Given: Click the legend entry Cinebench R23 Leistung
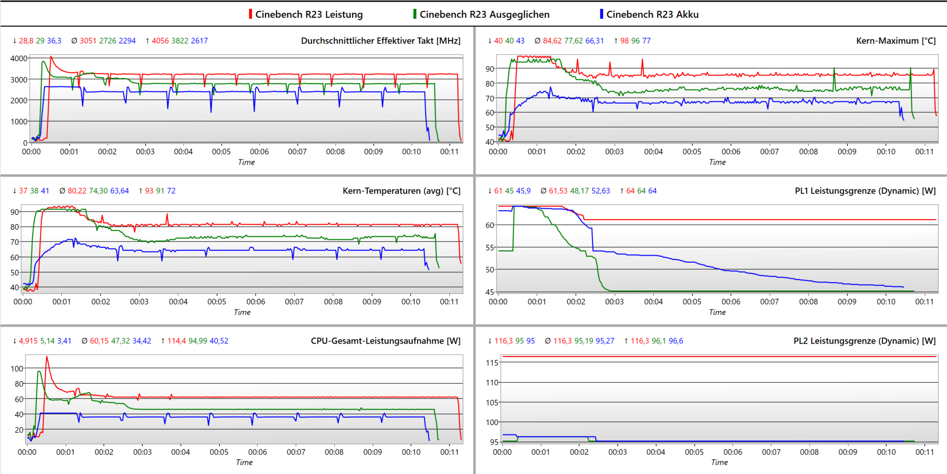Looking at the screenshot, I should (x=309, y=14).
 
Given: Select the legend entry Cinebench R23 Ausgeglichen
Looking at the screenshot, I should (x=484, y=14).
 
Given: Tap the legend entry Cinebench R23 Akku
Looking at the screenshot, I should (x=652, y=14).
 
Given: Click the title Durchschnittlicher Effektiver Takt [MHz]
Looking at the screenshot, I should (x=381, y=41).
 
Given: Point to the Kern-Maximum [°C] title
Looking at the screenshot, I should (x=896, y=41).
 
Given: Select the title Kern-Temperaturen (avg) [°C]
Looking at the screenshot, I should (x=401, y=191).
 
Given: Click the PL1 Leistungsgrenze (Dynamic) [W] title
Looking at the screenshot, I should (x=865, y=191).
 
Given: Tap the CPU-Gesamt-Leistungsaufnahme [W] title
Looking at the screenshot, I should (x=386, y=341).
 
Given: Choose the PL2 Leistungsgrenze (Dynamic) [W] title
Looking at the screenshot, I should (x=864, y=341).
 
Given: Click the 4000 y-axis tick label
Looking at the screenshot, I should (x=19, y=58).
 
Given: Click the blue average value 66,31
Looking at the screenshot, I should (x=594, y=41).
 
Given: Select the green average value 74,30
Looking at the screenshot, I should (x=98, y=191).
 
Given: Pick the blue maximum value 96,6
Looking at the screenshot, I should (x=676, y=341).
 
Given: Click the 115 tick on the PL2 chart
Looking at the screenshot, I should (x=492, y=363).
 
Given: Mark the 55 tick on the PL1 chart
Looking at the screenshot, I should (x=490, y=247).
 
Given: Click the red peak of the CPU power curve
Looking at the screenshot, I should (x=47, y=356).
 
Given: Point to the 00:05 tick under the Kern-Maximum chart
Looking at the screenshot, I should (x=692, y=152).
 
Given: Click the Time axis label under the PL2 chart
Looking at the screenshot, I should (x=719, y=462).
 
